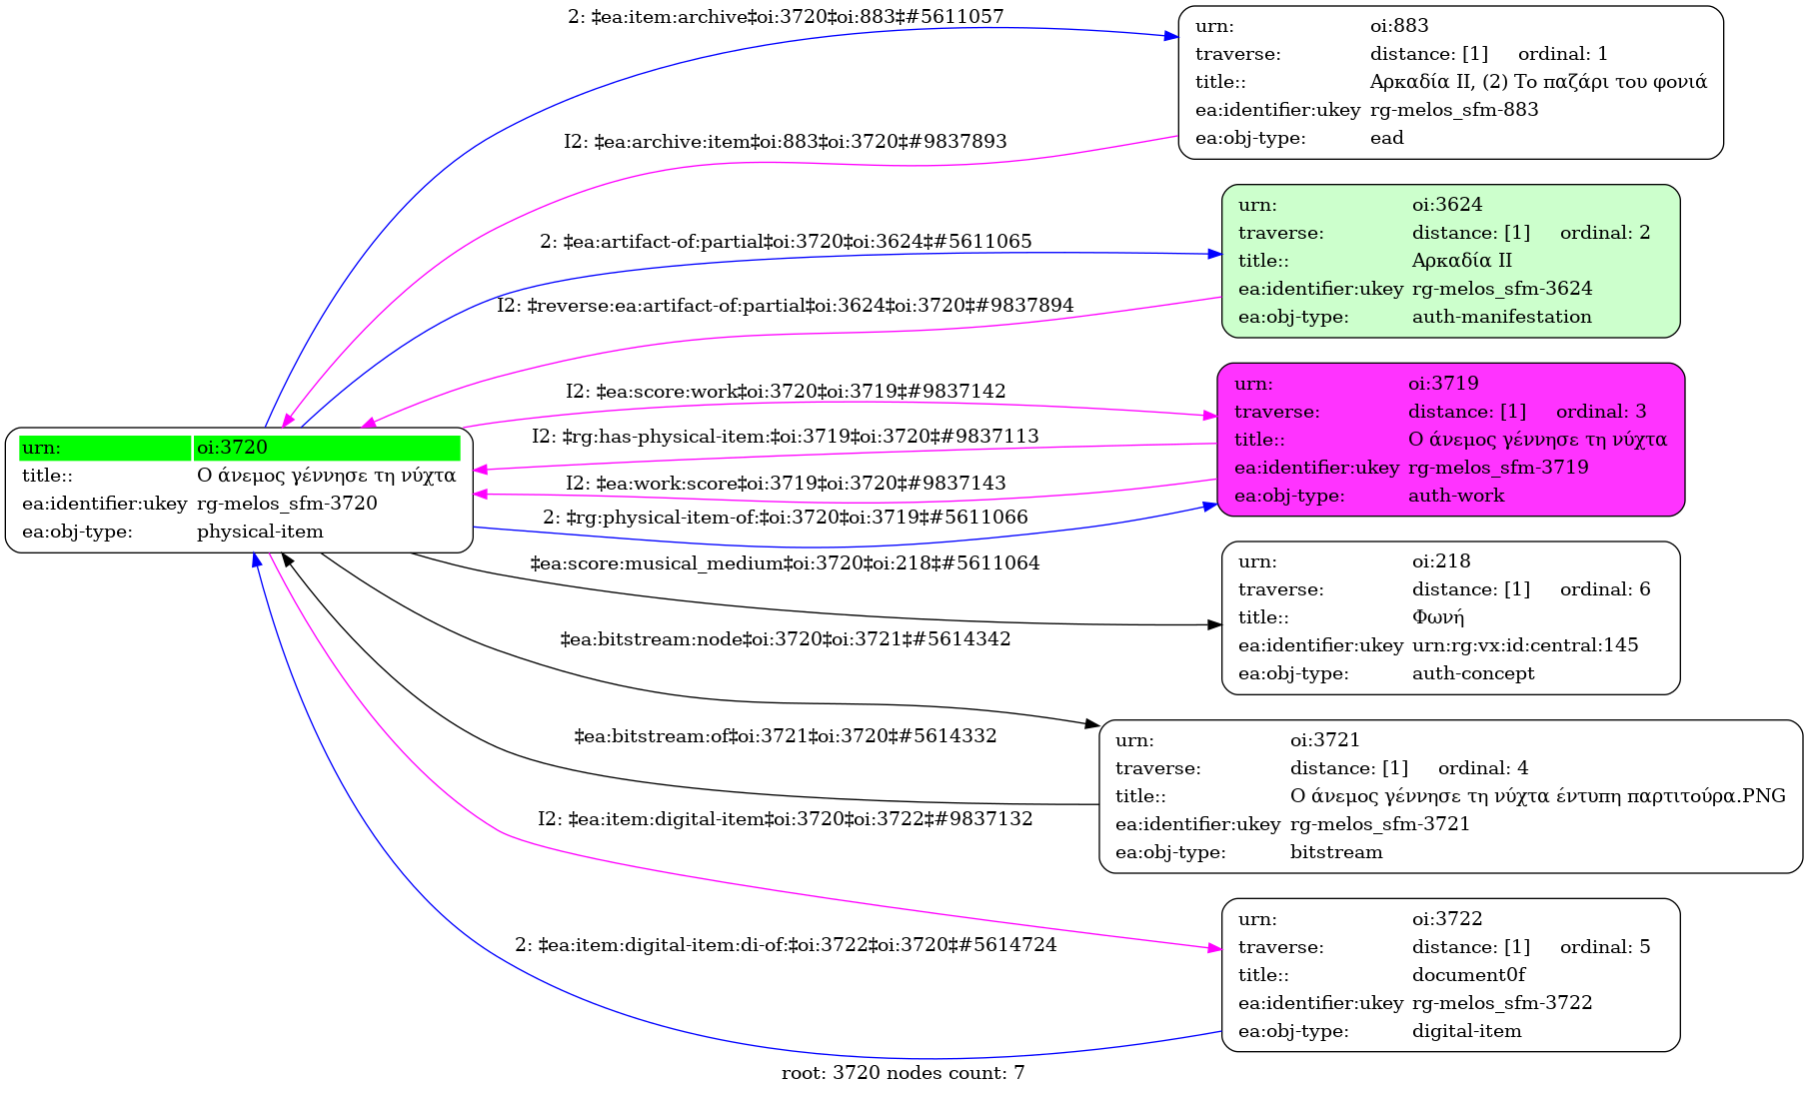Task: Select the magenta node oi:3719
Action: point(1450,440)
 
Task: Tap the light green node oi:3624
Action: point(1450,261)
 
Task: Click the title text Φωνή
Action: point(1437,617)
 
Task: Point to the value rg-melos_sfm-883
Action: point(1453,110)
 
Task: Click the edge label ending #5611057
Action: point(786,17)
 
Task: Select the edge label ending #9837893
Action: point(785,142)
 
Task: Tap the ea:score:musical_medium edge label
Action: point(785,563)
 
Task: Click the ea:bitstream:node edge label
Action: point(785,639)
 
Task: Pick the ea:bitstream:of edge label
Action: point(785,736)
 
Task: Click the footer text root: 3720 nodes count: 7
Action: point(903,1073)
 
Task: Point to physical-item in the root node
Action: point(260,532)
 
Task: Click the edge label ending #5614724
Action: point(786,945)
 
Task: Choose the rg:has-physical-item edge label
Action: point(785,437)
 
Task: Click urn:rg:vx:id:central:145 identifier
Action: point(1524,645)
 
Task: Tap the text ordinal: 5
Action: point(1604,947)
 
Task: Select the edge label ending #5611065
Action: point(786,242)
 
